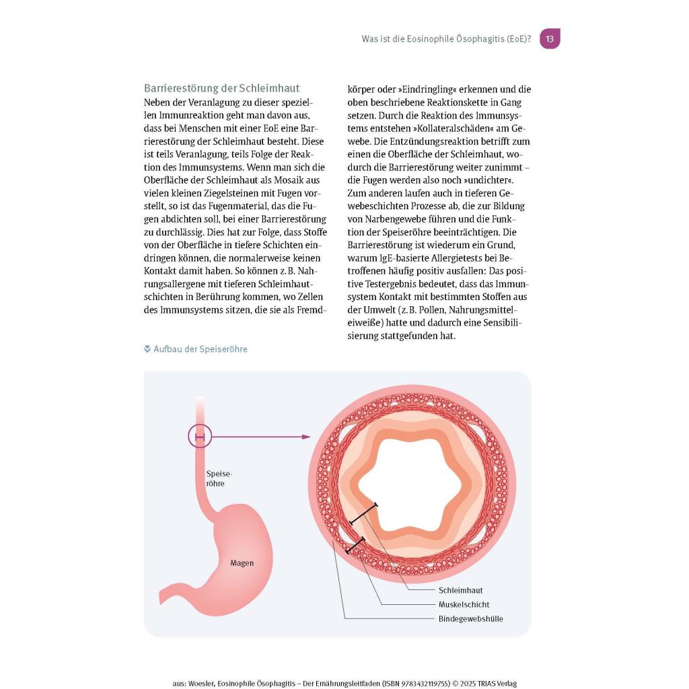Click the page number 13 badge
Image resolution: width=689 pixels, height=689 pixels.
tap(550, 39)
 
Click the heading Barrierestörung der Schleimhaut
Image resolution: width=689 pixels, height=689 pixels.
tap(222, 89)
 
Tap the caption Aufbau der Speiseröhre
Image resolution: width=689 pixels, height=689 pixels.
tap(201, 349)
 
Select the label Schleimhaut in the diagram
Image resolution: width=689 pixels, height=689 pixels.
tap(461, 590)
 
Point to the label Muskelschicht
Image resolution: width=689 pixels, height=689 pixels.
tap(464, 604)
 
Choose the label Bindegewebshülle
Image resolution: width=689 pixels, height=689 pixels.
tap(471, 618)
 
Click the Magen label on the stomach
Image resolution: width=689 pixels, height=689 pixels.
tap(242, 563)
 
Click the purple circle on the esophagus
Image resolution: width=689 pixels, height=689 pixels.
tap(200, 437)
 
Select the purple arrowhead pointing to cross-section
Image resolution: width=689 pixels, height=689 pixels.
tap(306, 437)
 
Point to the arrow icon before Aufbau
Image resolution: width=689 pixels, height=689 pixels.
tap(147, 349)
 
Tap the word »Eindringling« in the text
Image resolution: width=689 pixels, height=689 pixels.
tap(417, 89)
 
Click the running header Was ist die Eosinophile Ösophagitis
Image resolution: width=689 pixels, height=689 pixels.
tap(446, 39)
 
